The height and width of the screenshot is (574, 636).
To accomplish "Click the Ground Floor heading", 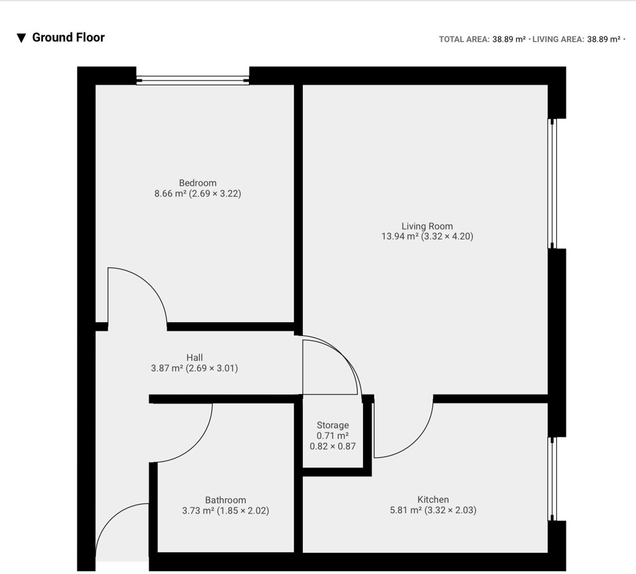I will [x=68, y=37].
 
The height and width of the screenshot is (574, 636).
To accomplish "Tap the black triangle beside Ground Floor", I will [x=21, y=38].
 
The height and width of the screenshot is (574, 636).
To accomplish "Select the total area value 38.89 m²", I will [x=509, y=39].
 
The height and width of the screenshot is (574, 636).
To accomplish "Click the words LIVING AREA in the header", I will [x=558, y=39].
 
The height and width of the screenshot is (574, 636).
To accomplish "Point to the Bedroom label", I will [x=197, y=183].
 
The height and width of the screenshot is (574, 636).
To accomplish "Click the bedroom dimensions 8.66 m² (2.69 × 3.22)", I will [x=197, y=193].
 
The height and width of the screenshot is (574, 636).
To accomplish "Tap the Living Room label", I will [x=427, y=226].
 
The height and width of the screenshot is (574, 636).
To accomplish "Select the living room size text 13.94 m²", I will [x=400, y=236].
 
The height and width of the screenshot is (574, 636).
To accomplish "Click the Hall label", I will [x=194, y=358].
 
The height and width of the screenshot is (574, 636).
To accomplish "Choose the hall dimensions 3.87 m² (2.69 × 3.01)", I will [x=194, y=368].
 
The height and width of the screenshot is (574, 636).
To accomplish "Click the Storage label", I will [x=333, y=425].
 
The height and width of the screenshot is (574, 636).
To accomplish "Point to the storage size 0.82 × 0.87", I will [x=333, y=446].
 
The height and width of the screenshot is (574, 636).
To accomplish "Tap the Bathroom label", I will [x=225, y=500].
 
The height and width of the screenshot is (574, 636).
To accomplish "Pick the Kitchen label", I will [x=433, y=499].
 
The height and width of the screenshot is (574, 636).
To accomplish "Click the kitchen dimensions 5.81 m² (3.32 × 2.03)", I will [x=433, y=510].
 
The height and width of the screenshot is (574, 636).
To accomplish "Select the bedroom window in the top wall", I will [x=193, y=80].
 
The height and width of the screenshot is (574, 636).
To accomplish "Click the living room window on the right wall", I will [x=552, y=184].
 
